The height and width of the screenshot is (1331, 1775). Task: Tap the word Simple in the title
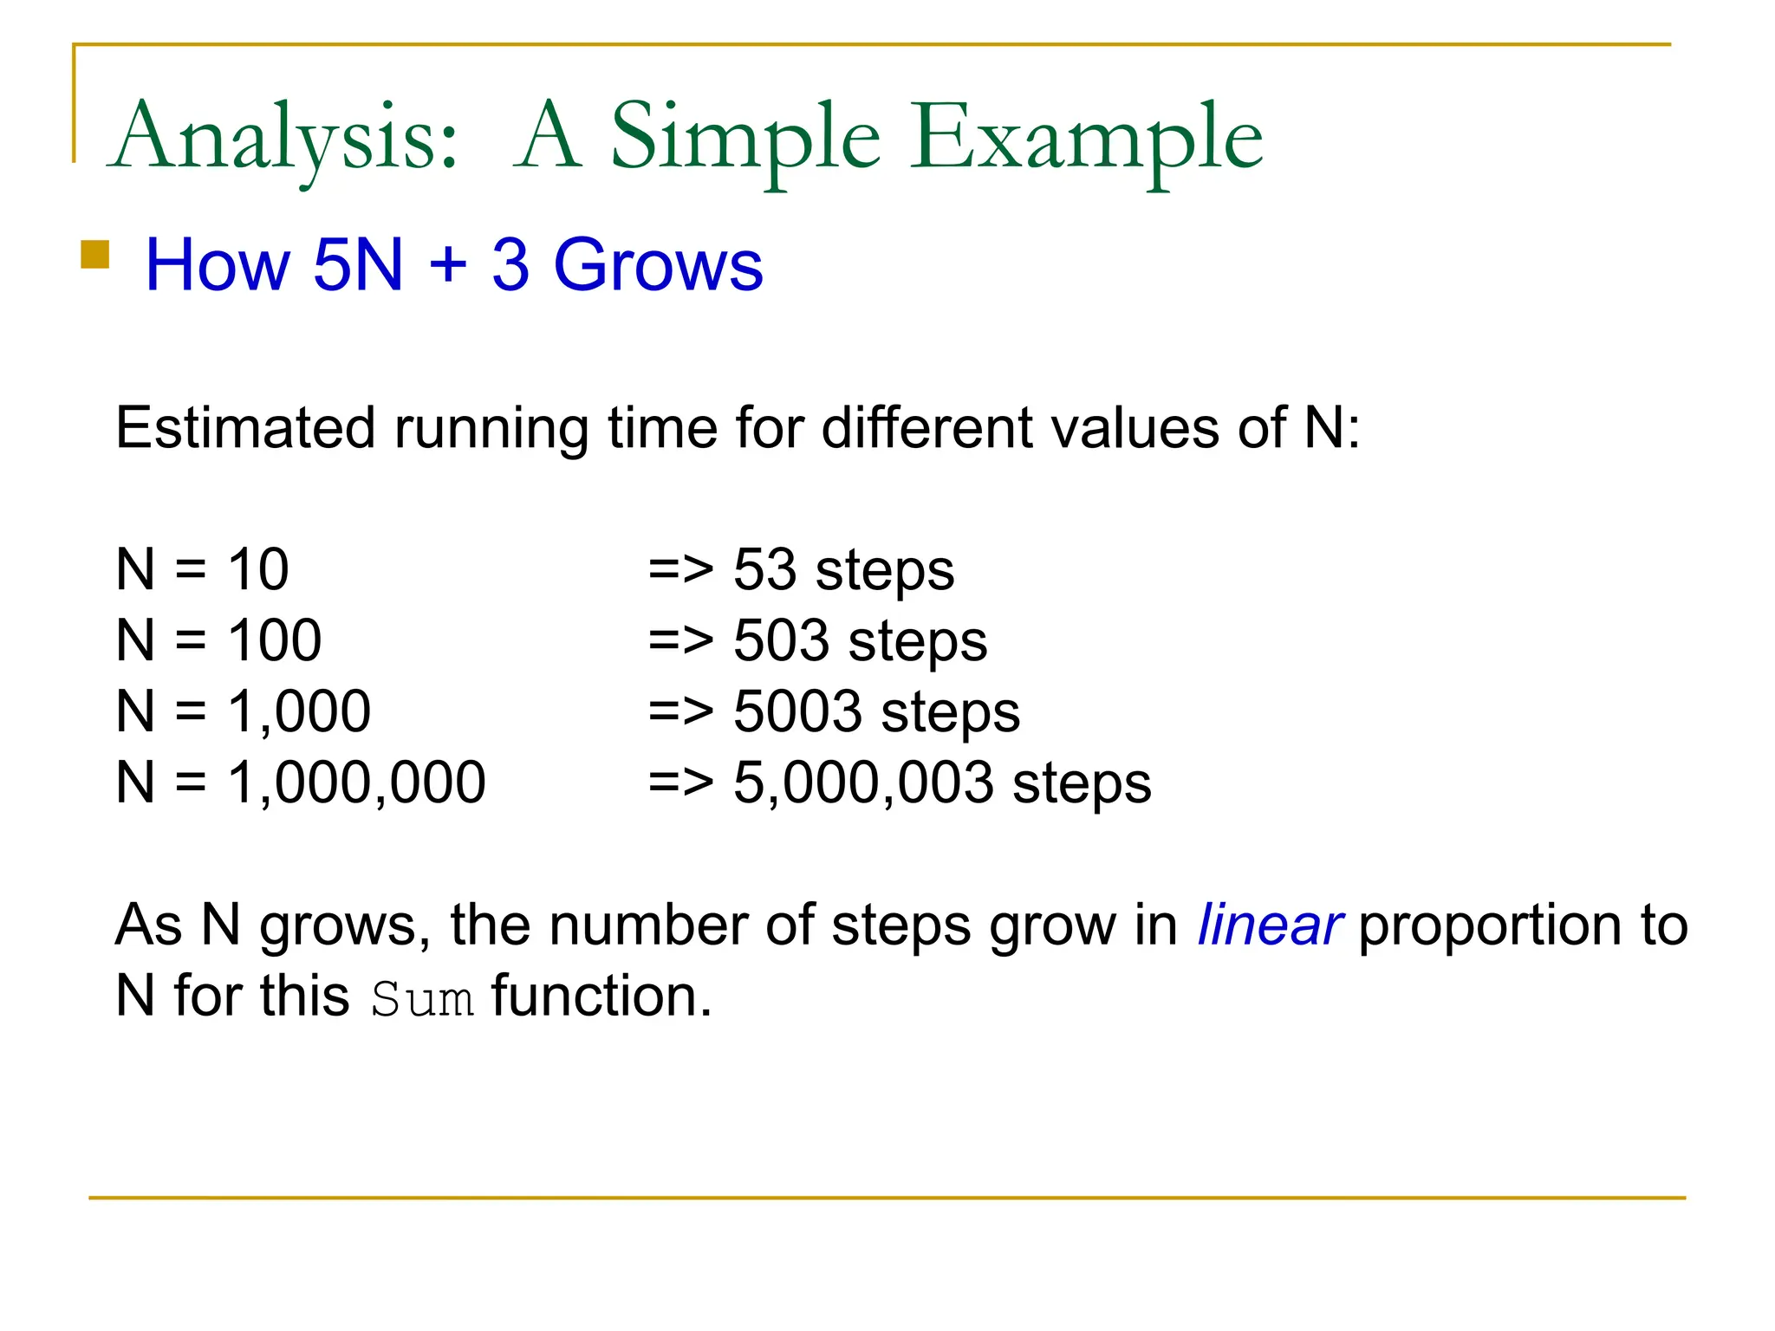(x=745, y=139)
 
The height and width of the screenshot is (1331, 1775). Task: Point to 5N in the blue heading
(x=358, y=264)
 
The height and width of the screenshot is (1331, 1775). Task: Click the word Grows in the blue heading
(x=658, y=264)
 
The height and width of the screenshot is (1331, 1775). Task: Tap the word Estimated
(x=245, y=428)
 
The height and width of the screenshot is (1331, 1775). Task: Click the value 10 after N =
(x=257, y=570)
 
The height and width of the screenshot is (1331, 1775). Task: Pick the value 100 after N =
(x=274, y=641)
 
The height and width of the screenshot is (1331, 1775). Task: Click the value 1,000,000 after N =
(x=356, y=782)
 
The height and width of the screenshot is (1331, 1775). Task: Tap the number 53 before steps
(x=764, y=570)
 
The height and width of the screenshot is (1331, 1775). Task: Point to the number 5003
(x=797, y=712)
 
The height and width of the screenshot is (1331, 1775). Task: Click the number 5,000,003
(x=863, y=782)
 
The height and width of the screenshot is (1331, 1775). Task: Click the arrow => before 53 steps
(x=680, y=570)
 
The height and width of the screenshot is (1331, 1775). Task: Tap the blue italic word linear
(x=1269, y=925)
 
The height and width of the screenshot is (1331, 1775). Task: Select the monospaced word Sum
(x=422, y=999)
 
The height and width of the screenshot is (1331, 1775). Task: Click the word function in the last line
(x=601, y=997)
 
